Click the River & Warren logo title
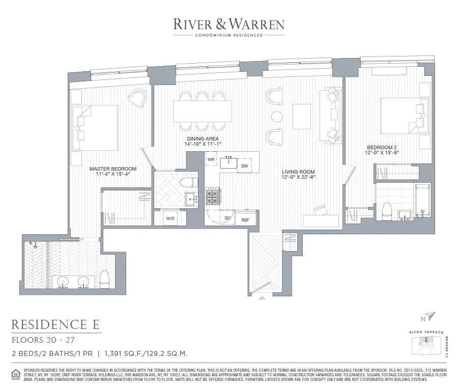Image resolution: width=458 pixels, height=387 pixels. (x=228, y=23)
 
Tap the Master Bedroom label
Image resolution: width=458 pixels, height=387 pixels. (x=113, y=172)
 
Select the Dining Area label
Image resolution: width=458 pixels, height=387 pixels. (x=203, y=141)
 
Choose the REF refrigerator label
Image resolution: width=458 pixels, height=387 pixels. (x=245, y=220)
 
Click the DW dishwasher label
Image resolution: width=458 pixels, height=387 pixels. (x=245, y=166)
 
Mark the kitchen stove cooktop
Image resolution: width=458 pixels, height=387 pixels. (x=212, y=196)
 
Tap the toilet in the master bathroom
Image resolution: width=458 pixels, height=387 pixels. (x=105, y=279)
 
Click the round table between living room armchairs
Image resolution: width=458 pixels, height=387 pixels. (x=276, y=117)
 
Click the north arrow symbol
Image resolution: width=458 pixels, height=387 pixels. (x=432, y=317)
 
